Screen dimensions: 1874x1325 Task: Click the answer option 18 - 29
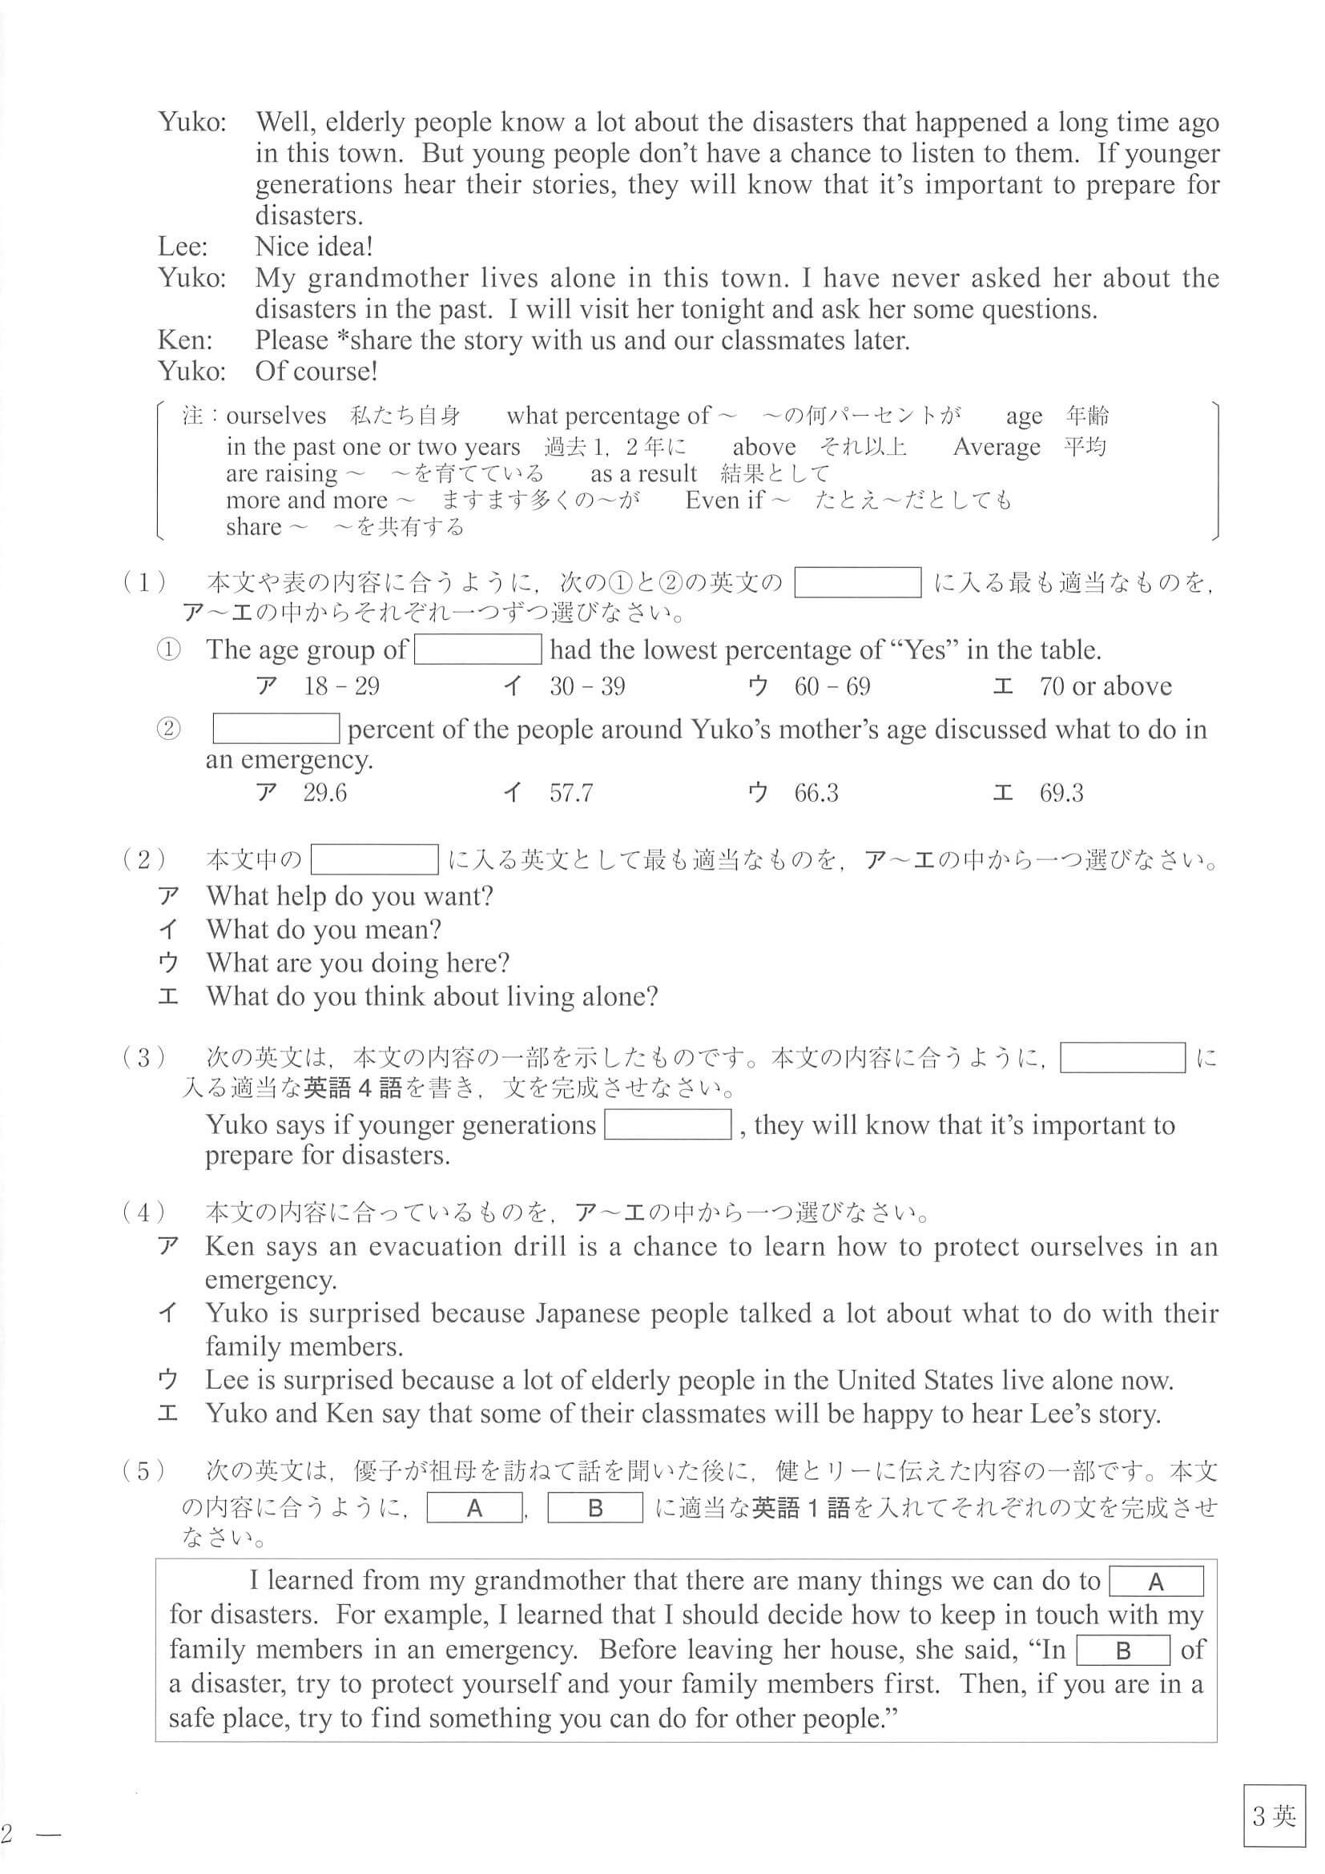pyautogui.click(x=341, y=686)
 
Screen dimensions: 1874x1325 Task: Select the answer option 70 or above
pyautogui.click(x=1105, y=686)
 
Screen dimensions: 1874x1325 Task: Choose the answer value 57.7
pyautogui.click(x=570, y=793)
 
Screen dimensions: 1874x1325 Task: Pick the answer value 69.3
pyautogui.click(x=1061, y=793)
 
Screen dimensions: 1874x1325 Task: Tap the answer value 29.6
pyautogui.click(x=325, y=793)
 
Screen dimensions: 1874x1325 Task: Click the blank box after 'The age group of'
pyautogui.click(x=477, y=649)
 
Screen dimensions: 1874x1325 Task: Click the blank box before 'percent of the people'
pyautogui.click(x=276, y=729)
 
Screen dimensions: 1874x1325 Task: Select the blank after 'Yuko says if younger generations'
pyautogui.click(x=667, y=1124)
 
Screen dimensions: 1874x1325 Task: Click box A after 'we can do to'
pyautogui.click(x=1155, y=1582)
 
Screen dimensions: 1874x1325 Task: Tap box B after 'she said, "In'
pyautogui.click(x=1122, y=1651)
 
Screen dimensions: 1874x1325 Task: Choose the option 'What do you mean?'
pyautogui.click(x=324, y=930)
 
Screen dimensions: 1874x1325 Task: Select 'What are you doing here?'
pyautogui.click(x=357, y=963)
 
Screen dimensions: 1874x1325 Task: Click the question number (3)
pyautogui.click(x=144, y=1058)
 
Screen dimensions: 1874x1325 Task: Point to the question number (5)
pyautogui.click(x=144, y=1472)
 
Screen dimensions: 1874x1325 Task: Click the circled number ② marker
pyautogui.click(x=167, y=729)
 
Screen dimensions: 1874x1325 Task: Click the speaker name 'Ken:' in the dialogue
pyautogui.click(x=184, y=340)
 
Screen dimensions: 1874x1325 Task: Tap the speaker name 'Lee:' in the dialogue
pyautogui.click(x=183, y=247)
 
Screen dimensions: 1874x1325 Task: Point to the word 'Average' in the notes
pyautogui.click(x=997, y=448)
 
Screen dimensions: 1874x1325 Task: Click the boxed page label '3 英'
pyautogui.click(x=1273, y=1817)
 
